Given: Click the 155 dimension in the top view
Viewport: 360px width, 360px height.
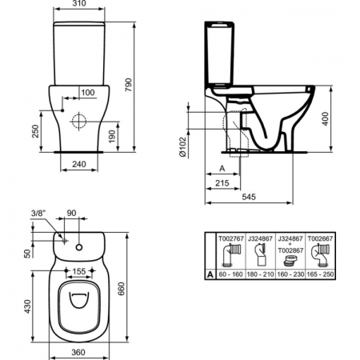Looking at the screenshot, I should click(78, 271).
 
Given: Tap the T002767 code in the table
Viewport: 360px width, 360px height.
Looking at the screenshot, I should click(230, 238).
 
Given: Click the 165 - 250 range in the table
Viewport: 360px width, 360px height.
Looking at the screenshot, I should click(323, 274).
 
